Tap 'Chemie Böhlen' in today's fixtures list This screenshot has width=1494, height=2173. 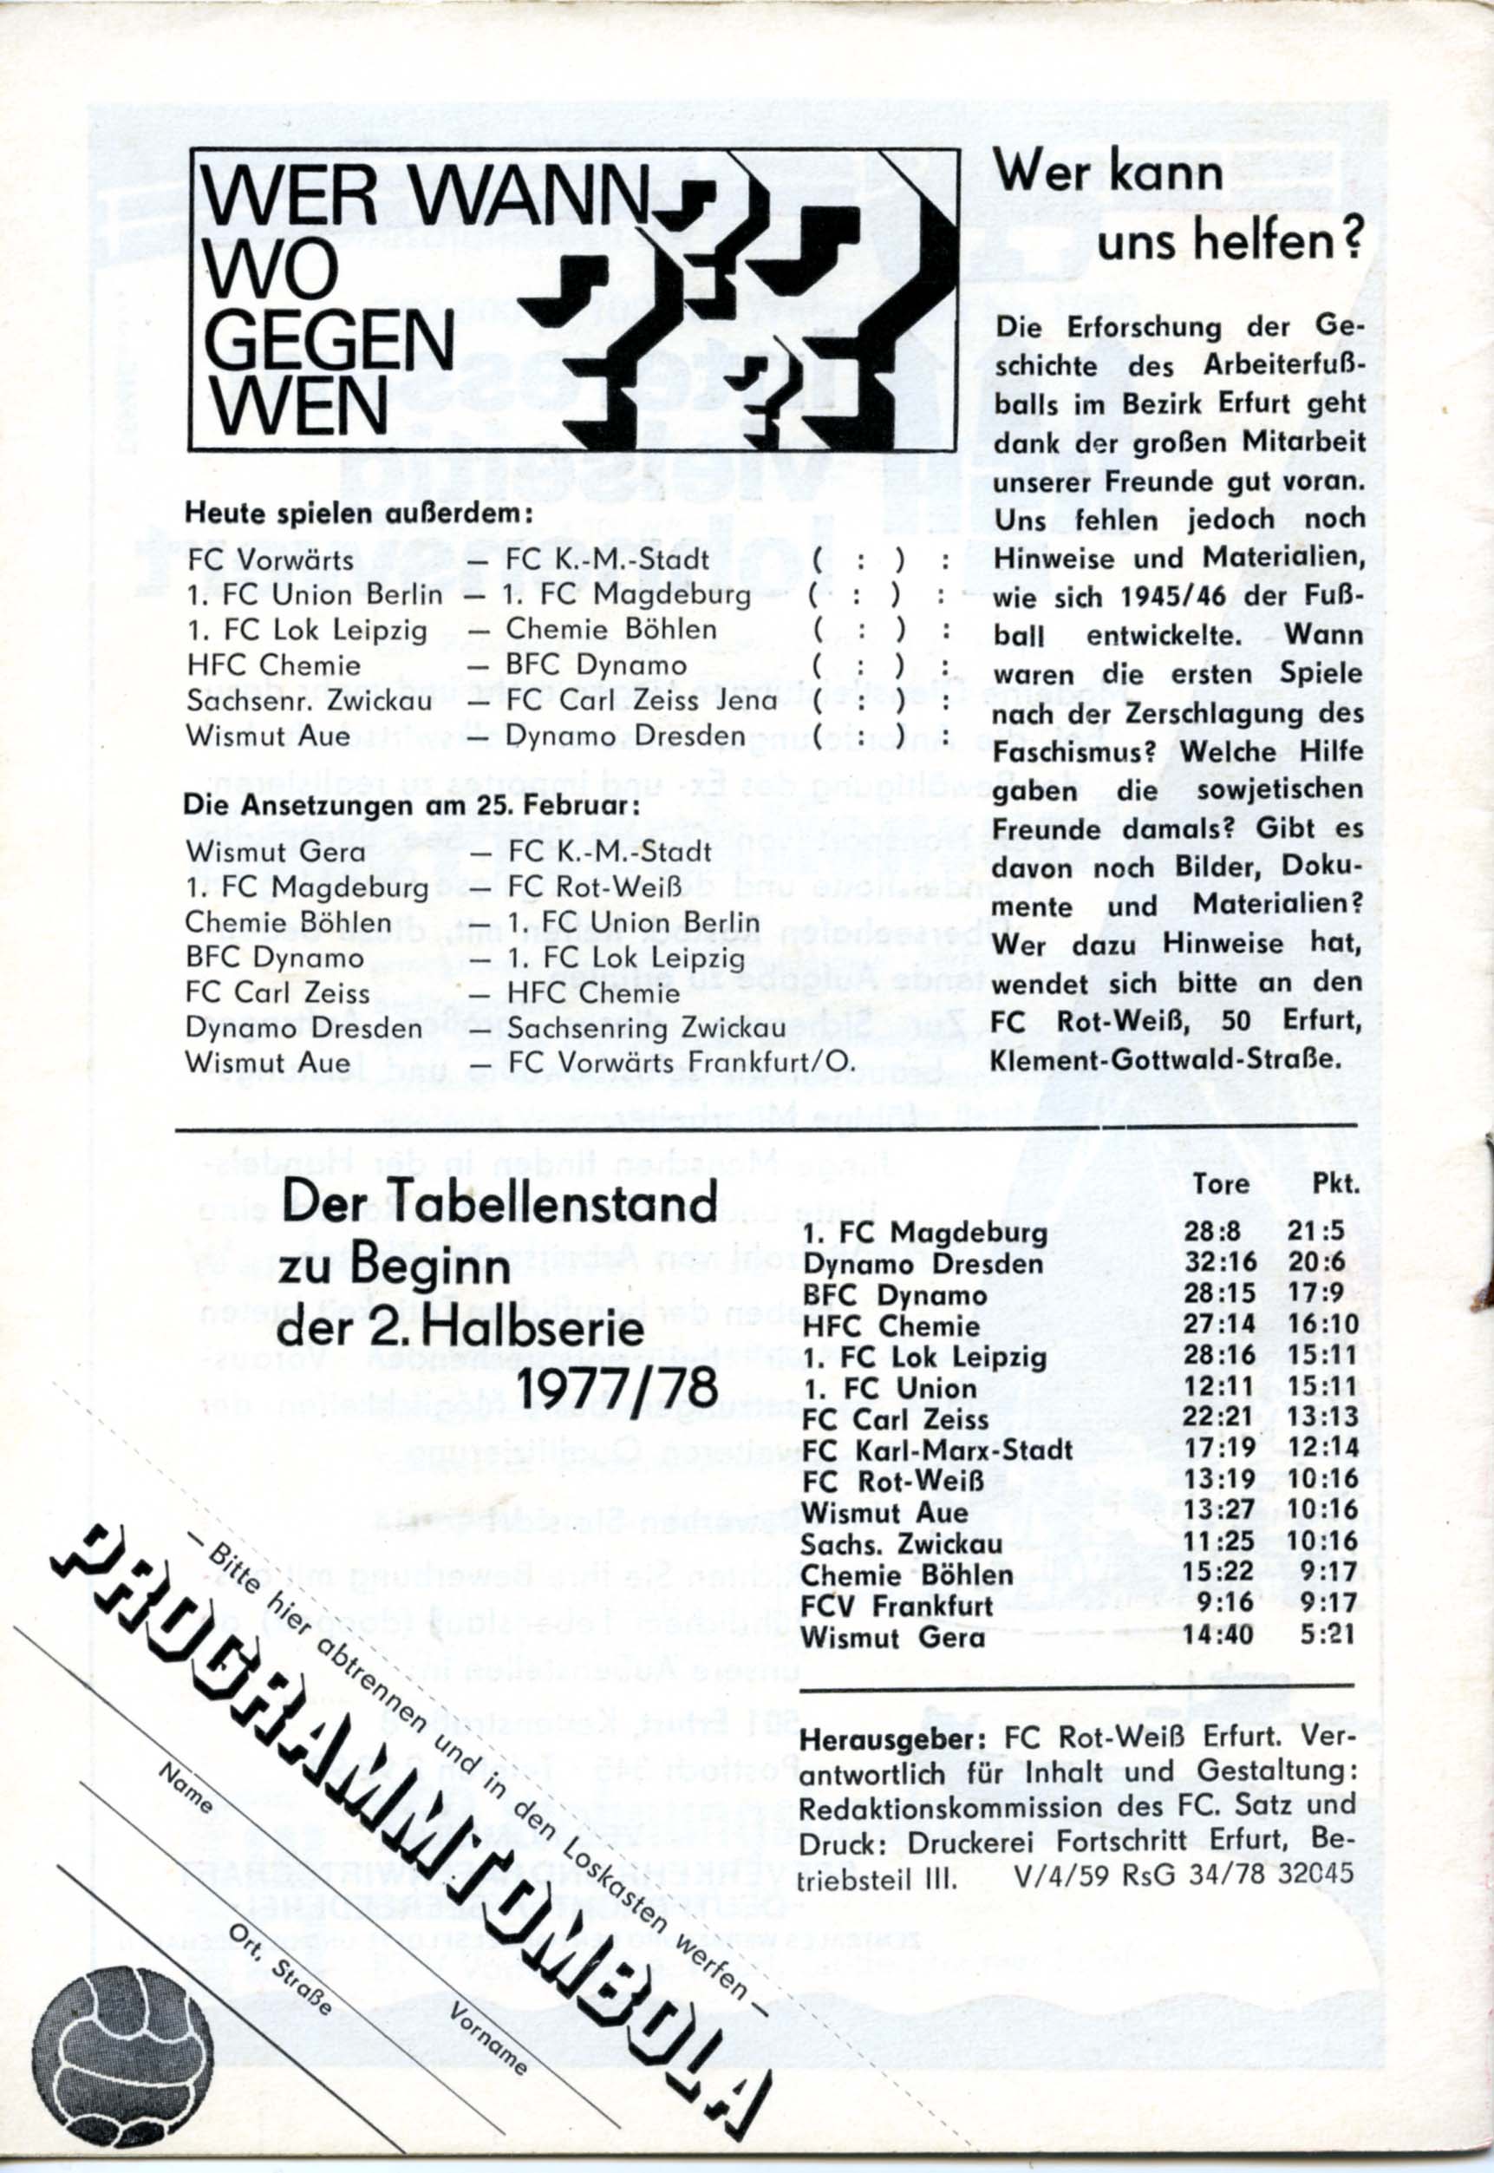pos(611,630)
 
